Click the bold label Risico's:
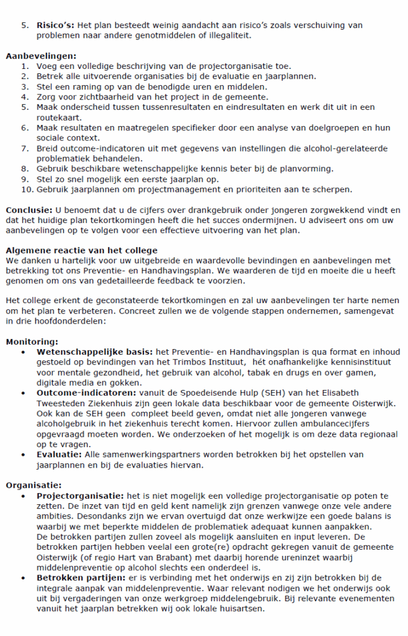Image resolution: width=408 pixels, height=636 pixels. pos(55,25)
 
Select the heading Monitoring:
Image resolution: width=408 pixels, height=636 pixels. pos(32,342)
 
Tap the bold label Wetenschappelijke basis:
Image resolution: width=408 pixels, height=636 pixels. pos(95,352)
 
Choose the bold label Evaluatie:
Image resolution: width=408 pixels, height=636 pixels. pos(60,454)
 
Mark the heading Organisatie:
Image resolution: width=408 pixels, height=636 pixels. pos(34,484)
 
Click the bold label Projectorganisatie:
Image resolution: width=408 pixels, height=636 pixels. pos(80,495)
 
